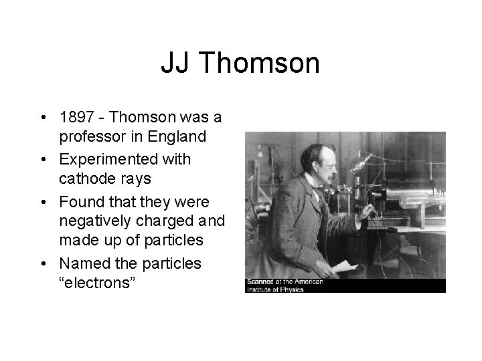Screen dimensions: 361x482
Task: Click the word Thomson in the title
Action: tap(260, 64)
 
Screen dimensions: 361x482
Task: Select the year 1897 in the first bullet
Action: tap(77, 118)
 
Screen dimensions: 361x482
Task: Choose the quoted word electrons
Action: tap(98, 282)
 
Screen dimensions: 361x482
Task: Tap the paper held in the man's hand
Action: tap(345, 266)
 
